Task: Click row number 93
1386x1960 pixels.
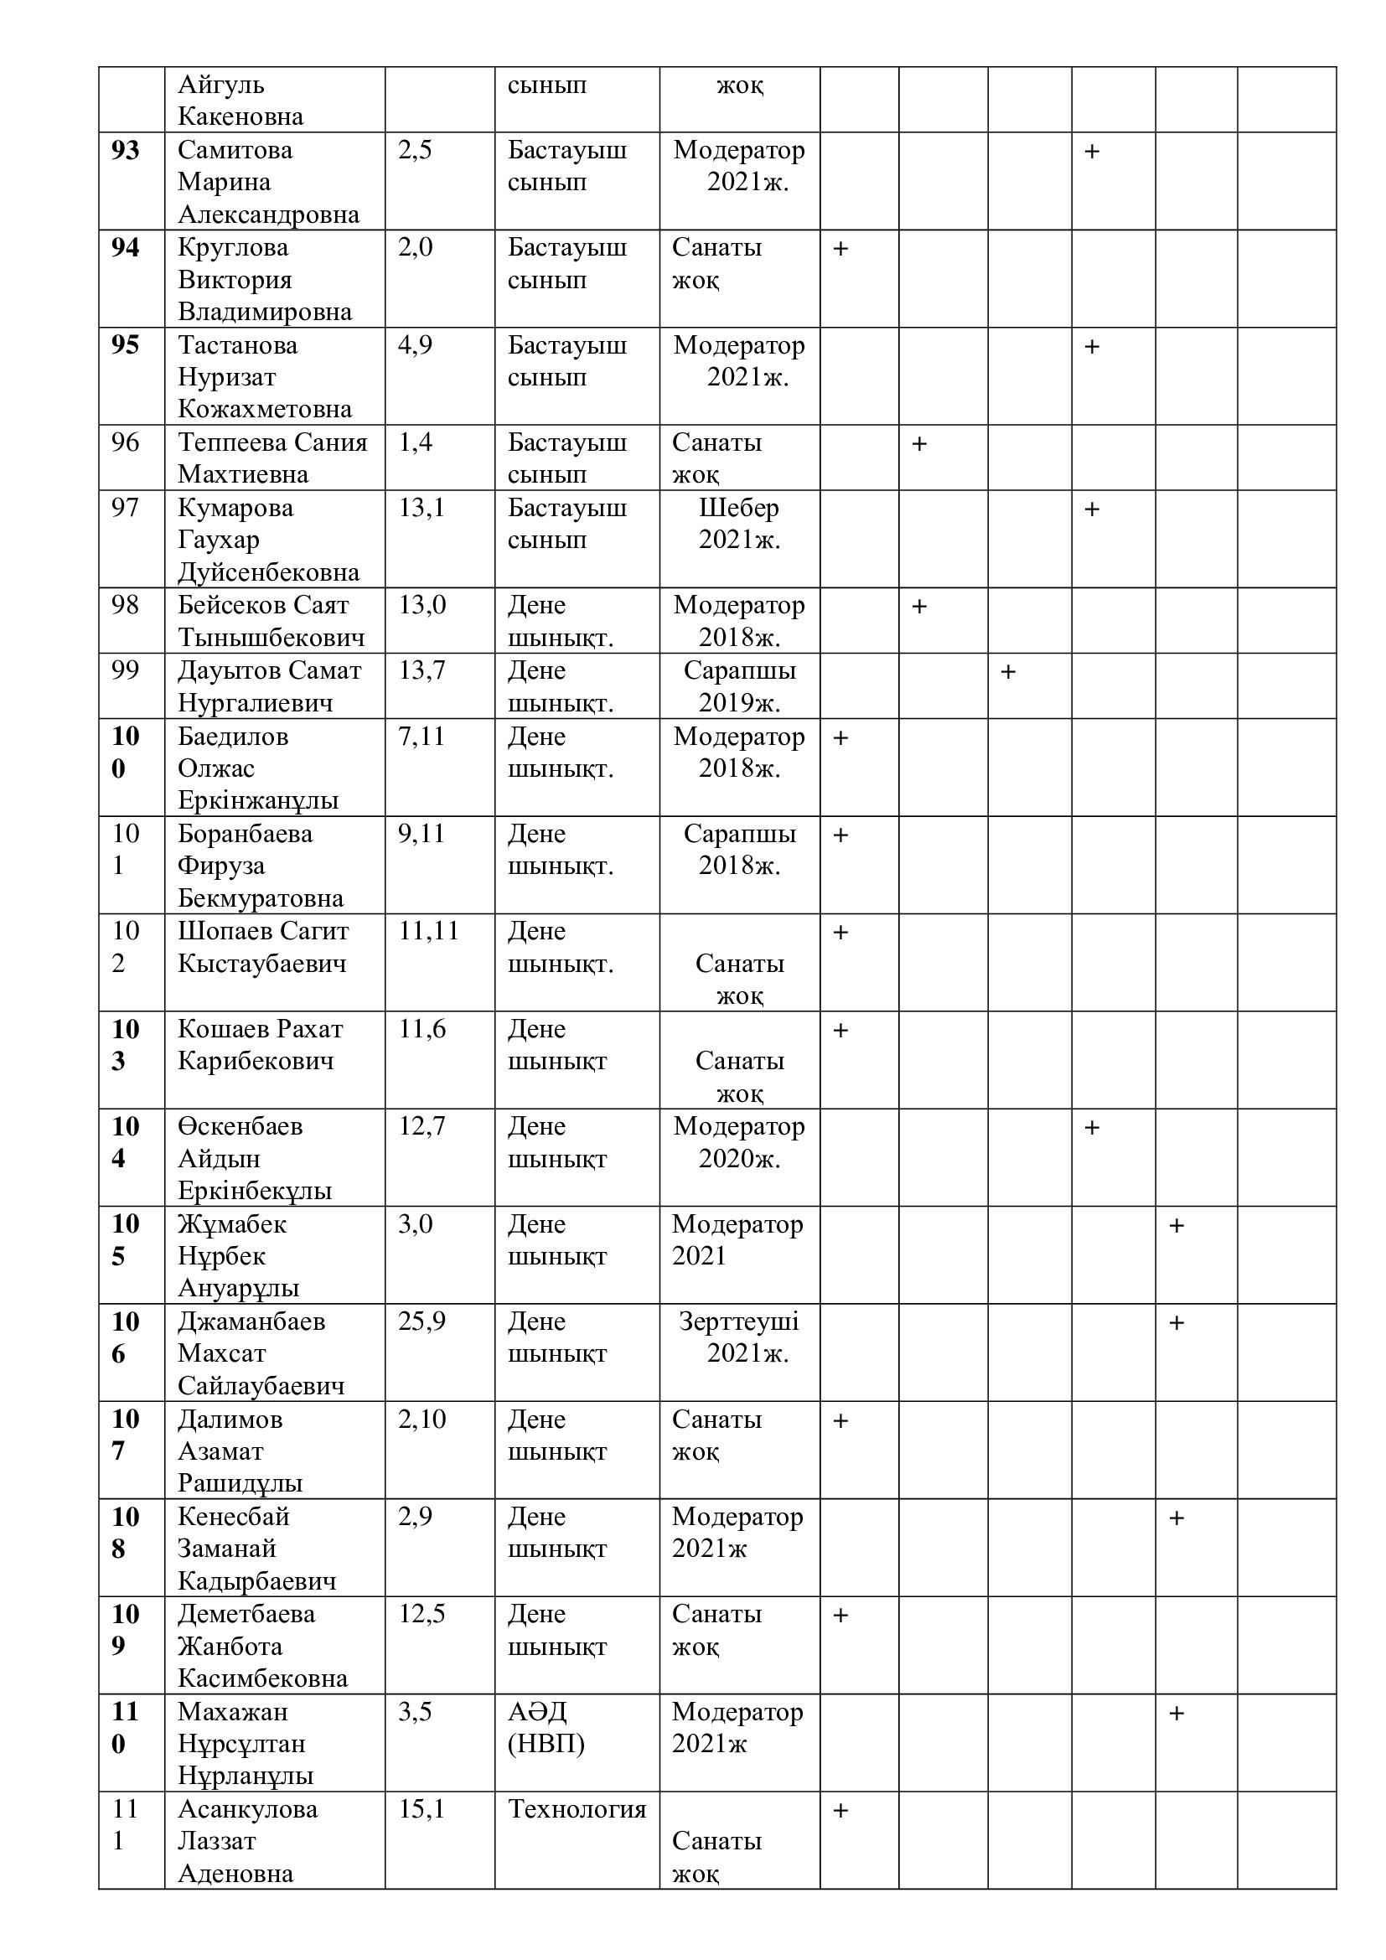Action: (x=126, y=150)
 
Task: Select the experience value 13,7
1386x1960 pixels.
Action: (x=421, y=670)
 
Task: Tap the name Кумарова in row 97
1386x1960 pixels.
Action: (x=235, y=508)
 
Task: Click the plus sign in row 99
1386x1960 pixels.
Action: (x=1008, y=672)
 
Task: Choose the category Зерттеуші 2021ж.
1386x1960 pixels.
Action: (x=739, y=1337)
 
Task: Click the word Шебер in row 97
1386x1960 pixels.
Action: (x=739, y=508)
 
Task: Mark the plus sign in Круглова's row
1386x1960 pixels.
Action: (x=840, y=248)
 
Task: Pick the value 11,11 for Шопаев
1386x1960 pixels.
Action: (x=428, y=930)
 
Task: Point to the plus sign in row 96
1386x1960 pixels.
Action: (x=919, y=444)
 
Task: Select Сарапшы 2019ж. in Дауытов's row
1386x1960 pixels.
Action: (x=739, y=686)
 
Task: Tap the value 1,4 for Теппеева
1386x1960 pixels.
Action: (x=415, y=442)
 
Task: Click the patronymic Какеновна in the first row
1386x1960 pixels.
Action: (x=240, y=116)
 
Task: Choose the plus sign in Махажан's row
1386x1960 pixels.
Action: (x=1176, y=1714)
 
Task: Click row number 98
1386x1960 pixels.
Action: (x=126, y=605)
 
